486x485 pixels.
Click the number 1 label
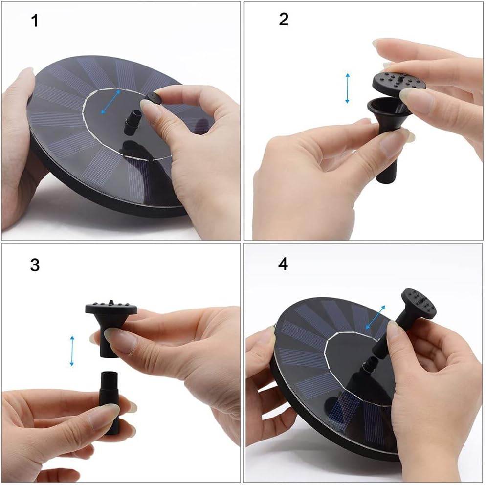(x=35, y=21)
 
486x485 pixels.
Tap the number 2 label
(x=284, y=19)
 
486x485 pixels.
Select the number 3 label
(x=35, y=265)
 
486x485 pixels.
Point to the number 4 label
(x=283, y=264)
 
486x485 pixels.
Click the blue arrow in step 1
(x=111, y=102)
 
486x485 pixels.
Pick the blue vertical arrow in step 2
(x=347, y=88)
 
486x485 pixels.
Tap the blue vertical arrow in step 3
(x=72, y=351)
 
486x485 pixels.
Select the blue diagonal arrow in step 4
(x=376, y=317)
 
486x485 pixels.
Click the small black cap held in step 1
(x=153, y=98)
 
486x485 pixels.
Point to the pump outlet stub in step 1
(x=133, y=123)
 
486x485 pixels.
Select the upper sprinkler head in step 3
(x=110, y=318)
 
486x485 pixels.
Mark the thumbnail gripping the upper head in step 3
(x=120, y=340)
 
